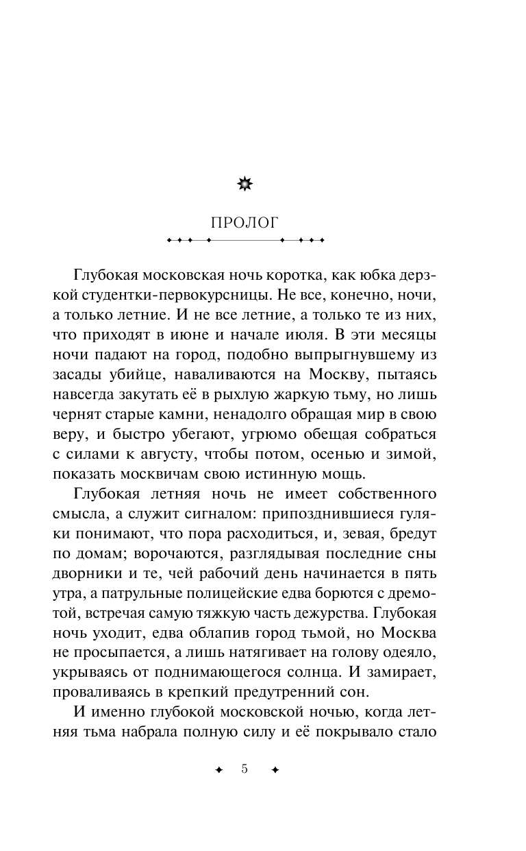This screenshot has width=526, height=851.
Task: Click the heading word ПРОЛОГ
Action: pos(245,222)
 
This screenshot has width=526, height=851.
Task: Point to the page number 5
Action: pos(245,769)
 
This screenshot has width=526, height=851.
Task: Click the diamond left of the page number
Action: pos(218,770)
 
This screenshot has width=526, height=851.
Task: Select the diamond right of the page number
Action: pos(275,770)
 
